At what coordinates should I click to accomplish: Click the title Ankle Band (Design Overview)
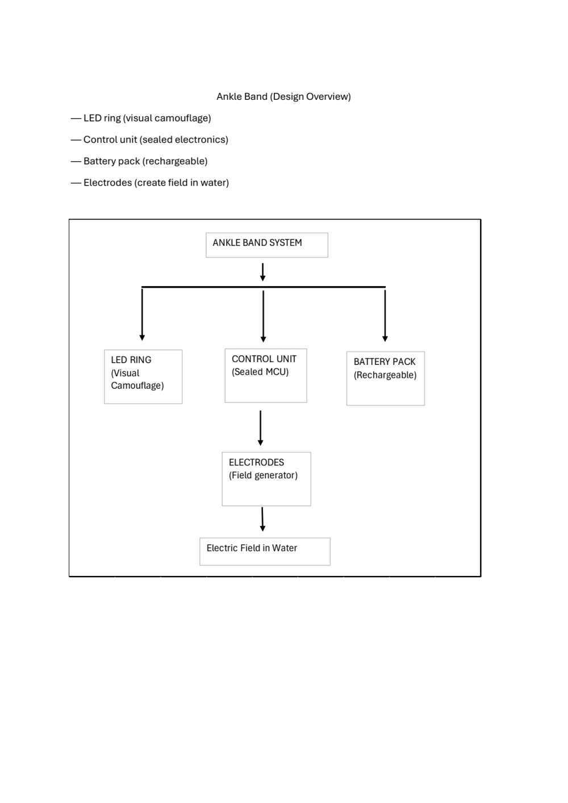[x=283, y=97]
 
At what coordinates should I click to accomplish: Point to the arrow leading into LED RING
[x=142, y=314]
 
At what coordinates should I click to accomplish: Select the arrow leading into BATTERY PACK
[x=385, y=316]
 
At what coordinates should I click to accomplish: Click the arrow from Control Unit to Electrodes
[x=261, y=428]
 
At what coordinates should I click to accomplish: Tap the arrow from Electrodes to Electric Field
[x=262, y=519]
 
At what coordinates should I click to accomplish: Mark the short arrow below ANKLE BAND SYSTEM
[x=262, y=272]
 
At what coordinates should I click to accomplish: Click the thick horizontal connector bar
[x=264, y=287]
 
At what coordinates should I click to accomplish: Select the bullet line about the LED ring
[x=141, y=118]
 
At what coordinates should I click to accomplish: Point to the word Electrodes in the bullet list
[x=108, y=183]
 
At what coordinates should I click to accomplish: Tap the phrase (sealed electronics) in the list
[x=183, y=140]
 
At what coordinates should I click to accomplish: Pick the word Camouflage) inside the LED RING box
[x=137, y=386]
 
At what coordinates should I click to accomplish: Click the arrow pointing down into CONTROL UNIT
[x=264, y=316]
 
